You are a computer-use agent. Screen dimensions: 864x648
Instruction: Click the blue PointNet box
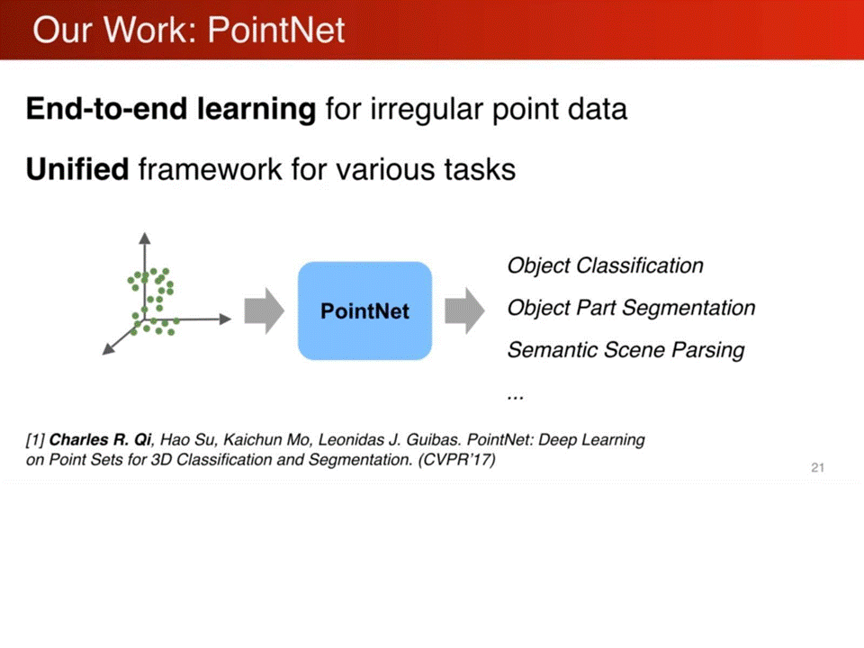point(364,310)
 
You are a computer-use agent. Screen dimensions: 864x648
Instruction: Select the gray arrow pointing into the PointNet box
point(265,310)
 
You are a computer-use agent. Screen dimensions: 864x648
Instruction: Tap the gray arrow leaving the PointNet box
point(464,310)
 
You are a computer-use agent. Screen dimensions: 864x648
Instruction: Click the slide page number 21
point(818,468)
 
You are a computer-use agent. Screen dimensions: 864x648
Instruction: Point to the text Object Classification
point(605,265)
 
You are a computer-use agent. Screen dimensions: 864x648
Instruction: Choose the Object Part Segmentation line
point(631,308)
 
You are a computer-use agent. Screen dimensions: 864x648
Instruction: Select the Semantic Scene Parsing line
point(626,350)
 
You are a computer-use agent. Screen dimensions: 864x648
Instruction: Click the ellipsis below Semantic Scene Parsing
point(515,396)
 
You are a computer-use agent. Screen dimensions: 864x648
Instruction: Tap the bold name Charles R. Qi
point(100,440)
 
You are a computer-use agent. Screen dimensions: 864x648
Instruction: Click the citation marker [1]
point(35,440)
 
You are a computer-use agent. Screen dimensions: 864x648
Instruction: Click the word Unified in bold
point(77,168)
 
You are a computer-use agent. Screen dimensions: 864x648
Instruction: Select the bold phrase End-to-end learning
point(171,109)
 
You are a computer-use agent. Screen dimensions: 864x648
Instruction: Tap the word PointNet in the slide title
point(276,29)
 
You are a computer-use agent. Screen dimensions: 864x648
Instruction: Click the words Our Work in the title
point(114,29)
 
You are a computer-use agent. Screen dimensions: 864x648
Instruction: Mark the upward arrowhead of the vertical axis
point(145,238)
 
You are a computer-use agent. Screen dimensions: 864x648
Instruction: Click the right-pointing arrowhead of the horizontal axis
point(225,319)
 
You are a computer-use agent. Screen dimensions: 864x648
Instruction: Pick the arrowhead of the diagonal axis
point(109,349)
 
